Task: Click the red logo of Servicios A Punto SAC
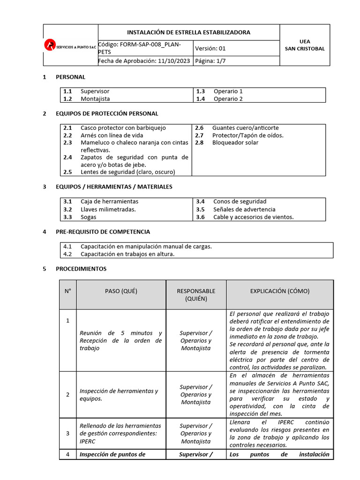(x=49, y=45)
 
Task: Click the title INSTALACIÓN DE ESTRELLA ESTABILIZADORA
(x=188, y=32)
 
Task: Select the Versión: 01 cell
(x=210, y=48)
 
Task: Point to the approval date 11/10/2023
(x=173, y=61)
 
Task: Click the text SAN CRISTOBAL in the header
(x=304, y=49)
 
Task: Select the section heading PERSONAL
(x=70, y=77)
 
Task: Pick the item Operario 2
(x=228, y=99)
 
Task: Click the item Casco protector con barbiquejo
(x=123, y=128)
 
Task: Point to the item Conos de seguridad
(x=240, y=202)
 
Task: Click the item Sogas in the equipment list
(x=88, y=217)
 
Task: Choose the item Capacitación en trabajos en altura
(x=127, y=254)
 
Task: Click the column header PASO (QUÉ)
(x=121, y=291)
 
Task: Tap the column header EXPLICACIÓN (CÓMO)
(x=279, y=291)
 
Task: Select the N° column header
(x=68, y=291)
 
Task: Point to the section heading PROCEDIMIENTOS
(x=81, y=269)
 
